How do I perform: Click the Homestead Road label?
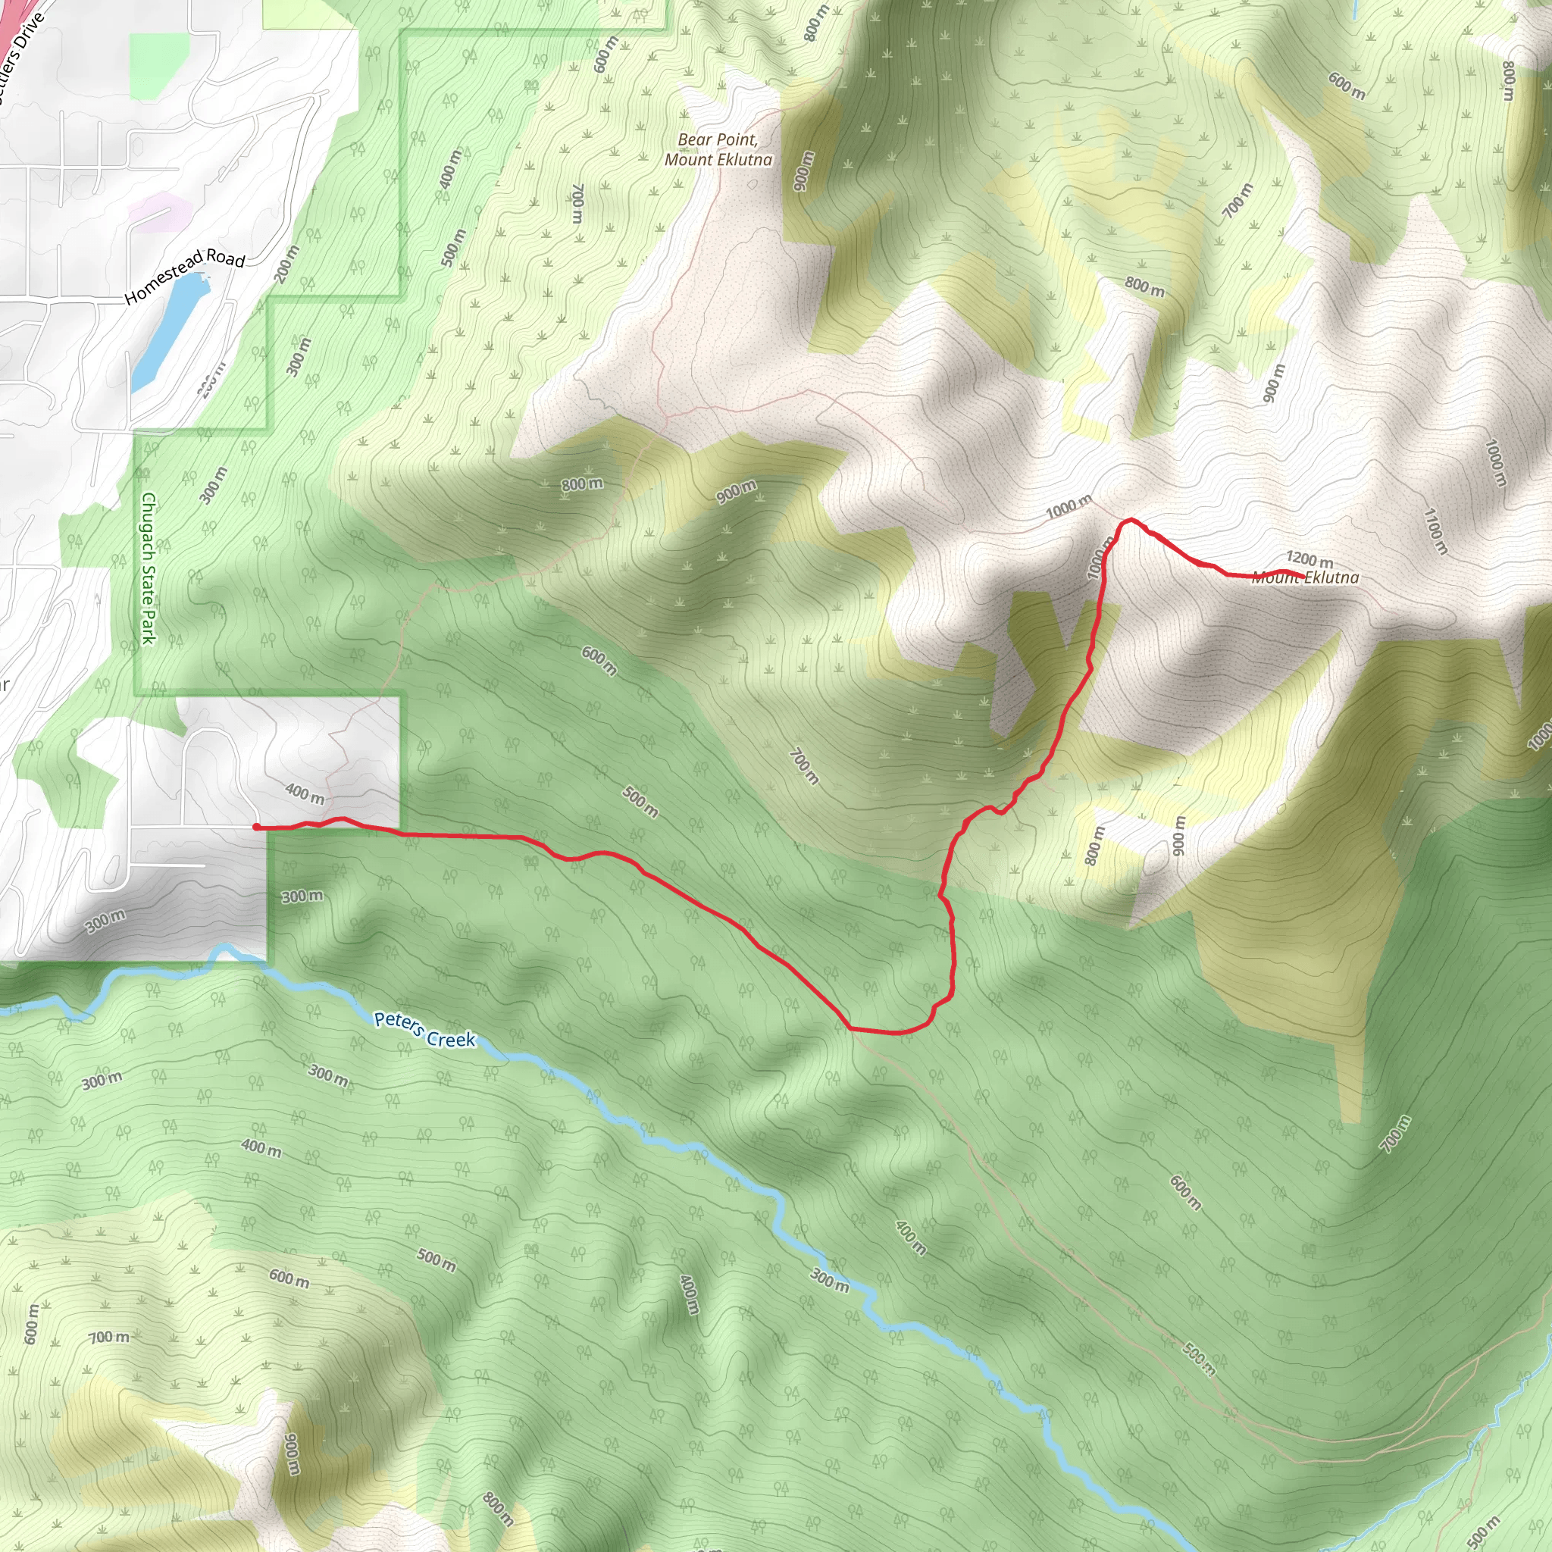185,276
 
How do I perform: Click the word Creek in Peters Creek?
452,1039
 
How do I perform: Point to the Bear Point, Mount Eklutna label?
718,149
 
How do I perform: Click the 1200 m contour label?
1309,559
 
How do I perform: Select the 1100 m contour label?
1435,531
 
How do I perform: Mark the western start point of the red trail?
256,827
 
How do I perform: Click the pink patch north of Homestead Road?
159,211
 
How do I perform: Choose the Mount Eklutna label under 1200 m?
1306,577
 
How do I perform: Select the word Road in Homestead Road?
225,257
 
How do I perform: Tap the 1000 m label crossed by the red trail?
1100,559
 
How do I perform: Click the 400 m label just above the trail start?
305,793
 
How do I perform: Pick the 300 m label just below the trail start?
302,896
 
